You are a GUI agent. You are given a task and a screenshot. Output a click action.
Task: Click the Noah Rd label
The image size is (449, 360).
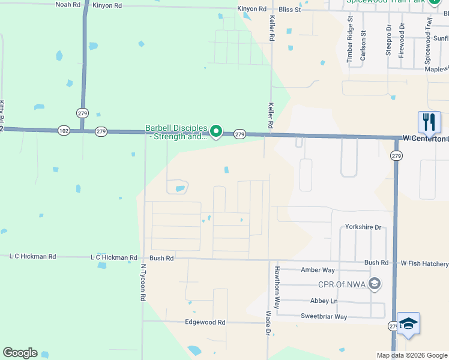pos(68,4)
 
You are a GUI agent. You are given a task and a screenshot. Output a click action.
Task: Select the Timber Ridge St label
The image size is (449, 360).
pos(350,40)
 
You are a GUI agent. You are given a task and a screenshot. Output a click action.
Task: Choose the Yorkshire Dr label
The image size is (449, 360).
pos(363,227)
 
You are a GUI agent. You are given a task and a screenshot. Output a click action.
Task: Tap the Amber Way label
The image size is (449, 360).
pos(318,271)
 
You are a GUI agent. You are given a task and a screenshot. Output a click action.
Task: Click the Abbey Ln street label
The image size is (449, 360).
pos(324,301)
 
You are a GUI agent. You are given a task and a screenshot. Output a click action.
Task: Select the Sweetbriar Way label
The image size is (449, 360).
pos(324,316)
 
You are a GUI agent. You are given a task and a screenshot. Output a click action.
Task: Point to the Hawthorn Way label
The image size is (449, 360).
pos(277,283)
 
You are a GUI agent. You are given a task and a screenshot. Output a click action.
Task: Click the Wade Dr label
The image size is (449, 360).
pos(268,323)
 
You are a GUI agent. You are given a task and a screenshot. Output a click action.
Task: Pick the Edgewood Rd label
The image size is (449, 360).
pos(205,322)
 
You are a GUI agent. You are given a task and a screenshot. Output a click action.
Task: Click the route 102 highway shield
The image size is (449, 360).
pos(64,130)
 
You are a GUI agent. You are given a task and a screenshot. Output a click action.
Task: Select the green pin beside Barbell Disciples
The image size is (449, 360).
pos(217,130)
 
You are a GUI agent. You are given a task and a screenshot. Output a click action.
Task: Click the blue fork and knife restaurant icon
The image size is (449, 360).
pos(429,122)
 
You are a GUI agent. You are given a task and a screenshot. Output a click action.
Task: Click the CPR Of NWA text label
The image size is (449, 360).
pos(342,284)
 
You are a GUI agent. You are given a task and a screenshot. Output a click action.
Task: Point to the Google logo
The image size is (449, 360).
pos(20,353)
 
